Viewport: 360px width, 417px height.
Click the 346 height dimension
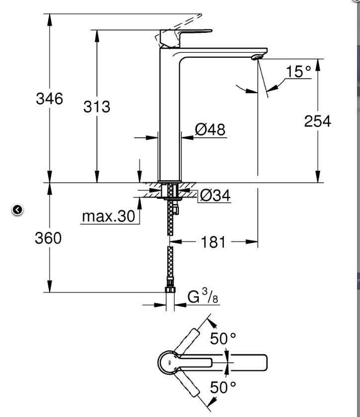49,99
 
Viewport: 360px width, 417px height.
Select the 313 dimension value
96,106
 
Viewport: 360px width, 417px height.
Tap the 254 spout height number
317,121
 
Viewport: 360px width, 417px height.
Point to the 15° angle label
298,72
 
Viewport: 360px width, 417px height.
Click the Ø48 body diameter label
210,130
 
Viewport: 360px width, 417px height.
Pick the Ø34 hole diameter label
215,196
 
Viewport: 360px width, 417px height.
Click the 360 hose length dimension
48,238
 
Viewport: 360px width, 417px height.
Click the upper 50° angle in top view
222,338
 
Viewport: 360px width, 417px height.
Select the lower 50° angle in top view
222,387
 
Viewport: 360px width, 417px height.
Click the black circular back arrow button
17,210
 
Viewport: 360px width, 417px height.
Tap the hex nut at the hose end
170,292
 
